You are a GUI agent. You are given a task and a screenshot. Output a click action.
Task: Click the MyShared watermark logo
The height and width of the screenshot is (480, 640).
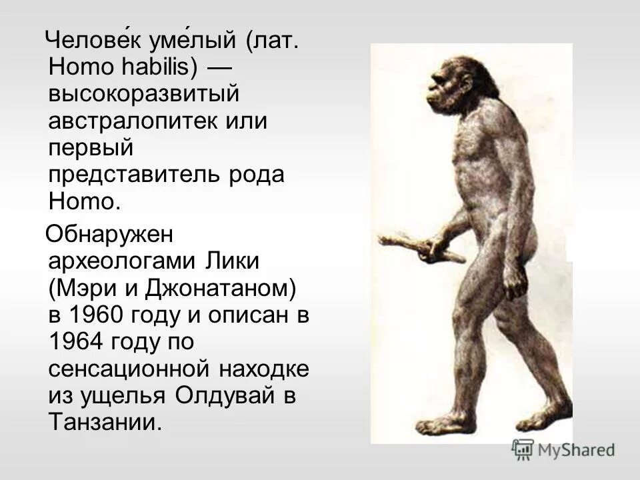[x=563, y=449]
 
